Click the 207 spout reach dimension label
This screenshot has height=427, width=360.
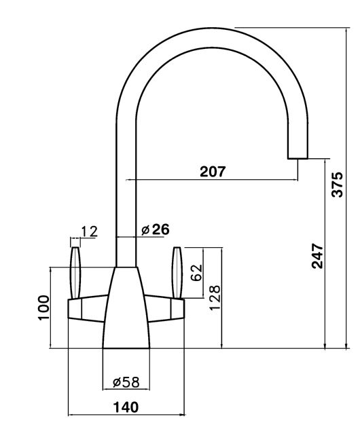pyautogui.click(x=213, y=172)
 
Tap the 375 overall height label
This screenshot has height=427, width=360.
pyautogui.click(x=337, y=185)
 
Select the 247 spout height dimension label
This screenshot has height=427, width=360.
pyautogui.click(x=317, y=256)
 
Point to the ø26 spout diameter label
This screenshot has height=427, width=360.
pyautogui.click(x=156, y=229)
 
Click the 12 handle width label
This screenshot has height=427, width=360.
pyautogui.click(x=90, y=231)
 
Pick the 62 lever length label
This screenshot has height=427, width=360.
pyautogui.click(x=197, y=272)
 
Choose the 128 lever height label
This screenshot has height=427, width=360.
pyautogui.click(x=215, y=297)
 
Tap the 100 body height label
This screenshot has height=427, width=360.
pyautogui.click(x=43, y=308)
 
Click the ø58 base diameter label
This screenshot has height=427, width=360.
pyautogui.click(x=126, y=382)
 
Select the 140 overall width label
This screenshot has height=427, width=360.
pyautogui.click(x=126, y=407)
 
